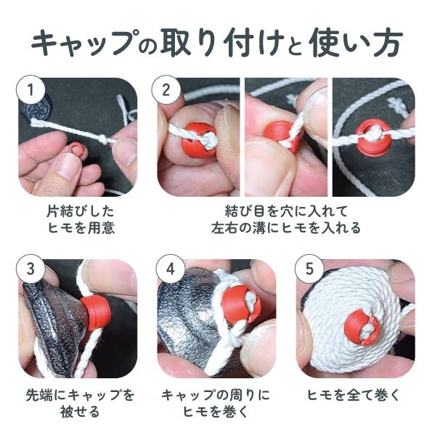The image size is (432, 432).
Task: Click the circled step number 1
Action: coord(30,90)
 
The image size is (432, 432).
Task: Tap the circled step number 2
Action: coord(166,89)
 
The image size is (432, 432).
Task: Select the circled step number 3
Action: coord(30,269)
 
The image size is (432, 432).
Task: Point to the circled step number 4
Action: coord(171,269)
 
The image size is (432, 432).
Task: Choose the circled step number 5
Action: coord(310,269)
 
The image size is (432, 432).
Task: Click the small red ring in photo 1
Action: coord(75,148)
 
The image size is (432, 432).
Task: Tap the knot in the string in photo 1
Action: coord(103,139)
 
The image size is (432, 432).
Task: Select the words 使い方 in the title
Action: coord(356,44)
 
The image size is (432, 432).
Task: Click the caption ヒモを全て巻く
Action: coord(353,395)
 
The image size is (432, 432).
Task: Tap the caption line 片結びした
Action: coord(80,211)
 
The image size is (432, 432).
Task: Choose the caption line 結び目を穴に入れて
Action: coord(286,211)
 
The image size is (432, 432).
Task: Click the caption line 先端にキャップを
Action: coord(80,395)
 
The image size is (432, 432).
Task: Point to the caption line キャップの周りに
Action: coord(216,395)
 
